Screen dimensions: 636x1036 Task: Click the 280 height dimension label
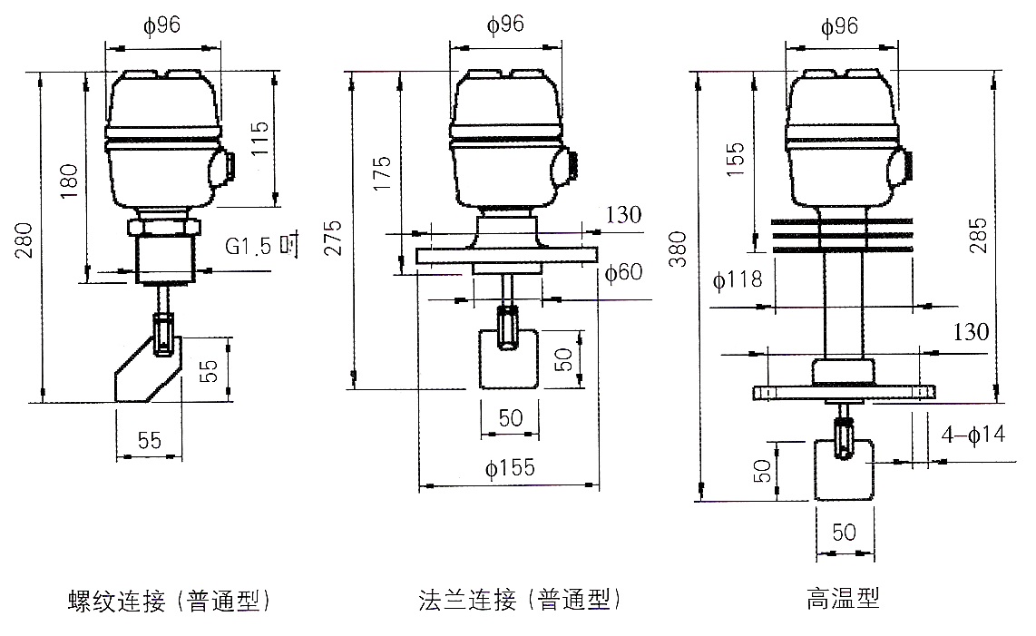[x=28, y=239]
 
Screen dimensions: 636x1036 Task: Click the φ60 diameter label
[x=622, y=273]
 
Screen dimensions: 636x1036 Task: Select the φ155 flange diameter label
[x=510, y=469]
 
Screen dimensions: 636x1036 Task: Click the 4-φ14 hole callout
[x=972, y=435]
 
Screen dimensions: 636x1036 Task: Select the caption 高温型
[x=843, y=600]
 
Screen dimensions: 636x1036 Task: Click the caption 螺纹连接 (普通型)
[x=170, y=600]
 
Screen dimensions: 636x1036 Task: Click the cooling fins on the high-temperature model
[x=843, y=235]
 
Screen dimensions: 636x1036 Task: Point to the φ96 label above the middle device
[x=506, y=26]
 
